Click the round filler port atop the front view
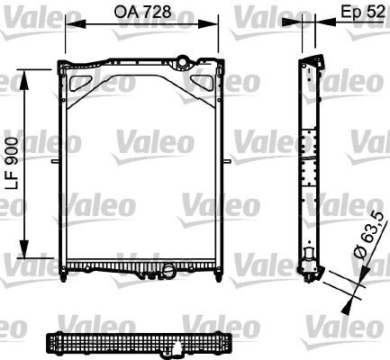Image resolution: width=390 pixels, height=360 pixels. [x=183, y=62]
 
